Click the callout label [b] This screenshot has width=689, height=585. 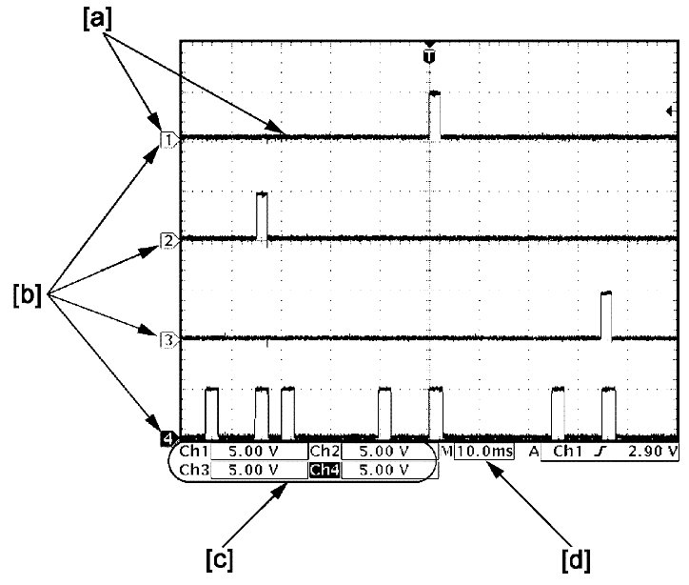click(28, 296)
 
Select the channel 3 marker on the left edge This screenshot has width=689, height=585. click(167, 338)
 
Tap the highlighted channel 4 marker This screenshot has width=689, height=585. click(167, 438)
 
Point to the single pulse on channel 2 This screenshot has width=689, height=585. click(263, 215)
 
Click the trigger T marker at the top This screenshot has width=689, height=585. click(430, 56)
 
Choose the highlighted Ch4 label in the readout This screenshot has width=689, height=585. click(323, 470)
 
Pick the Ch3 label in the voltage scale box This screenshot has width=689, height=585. click(193, 470)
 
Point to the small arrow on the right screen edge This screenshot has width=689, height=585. click(670, 112)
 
